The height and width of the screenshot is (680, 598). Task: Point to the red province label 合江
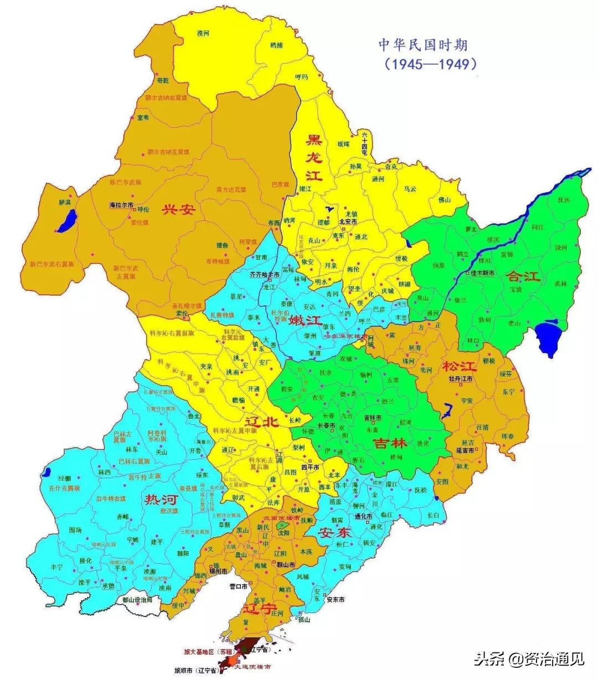point(523,276)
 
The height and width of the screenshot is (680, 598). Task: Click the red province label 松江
point(459,366)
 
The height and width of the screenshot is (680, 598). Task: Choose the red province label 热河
point(161,500)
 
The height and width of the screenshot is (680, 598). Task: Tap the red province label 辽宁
point(259,609)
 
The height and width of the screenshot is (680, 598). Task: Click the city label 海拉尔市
point(121,205)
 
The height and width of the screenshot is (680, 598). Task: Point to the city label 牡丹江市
point(461,379)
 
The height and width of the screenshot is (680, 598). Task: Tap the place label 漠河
point(203,33)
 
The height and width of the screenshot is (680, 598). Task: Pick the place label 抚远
point(564,200)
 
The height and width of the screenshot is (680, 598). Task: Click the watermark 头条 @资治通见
point(529,658)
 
